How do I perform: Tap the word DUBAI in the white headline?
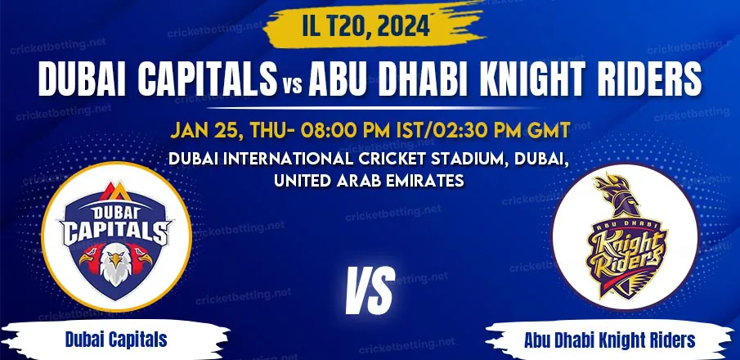83,79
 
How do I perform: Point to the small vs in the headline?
293,86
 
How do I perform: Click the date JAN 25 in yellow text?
204,130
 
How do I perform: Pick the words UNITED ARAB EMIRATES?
369,181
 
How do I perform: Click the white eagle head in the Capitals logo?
115,266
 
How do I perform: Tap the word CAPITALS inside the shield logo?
115,232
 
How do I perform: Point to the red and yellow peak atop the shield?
115,191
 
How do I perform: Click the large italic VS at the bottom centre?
370,291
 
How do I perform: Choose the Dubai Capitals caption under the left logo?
116,340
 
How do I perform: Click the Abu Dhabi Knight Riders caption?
609,340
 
